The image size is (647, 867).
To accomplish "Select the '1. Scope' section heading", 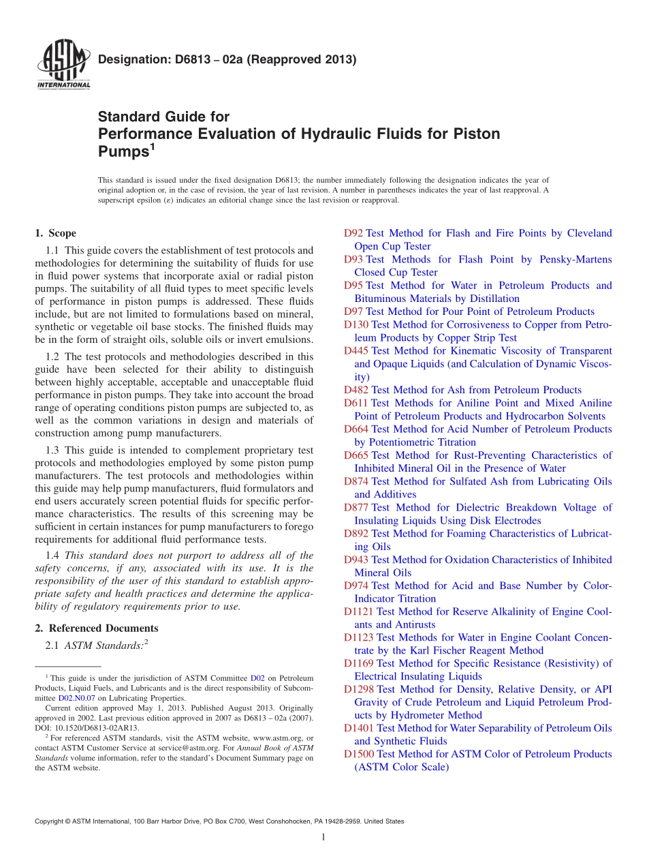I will pos(55,233).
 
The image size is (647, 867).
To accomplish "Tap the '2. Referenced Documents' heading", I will pos(96,628).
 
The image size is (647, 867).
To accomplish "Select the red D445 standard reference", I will pos(356,350).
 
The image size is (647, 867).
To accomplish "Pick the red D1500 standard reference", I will pos(359,754).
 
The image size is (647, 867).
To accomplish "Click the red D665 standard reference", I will pos(356,455).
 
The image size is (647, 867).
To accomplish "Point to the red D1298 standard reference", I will pos(359,689).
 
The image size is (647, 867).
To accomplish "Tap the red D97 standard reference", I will pos(353,311).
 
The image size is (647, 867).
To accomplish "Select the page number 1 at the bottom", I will pos(323,838).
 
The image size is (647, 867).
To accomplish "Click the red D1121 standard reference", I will pos(359,611).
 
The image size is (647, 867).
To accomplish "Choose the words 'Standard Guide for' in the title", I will pos(164,117).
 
